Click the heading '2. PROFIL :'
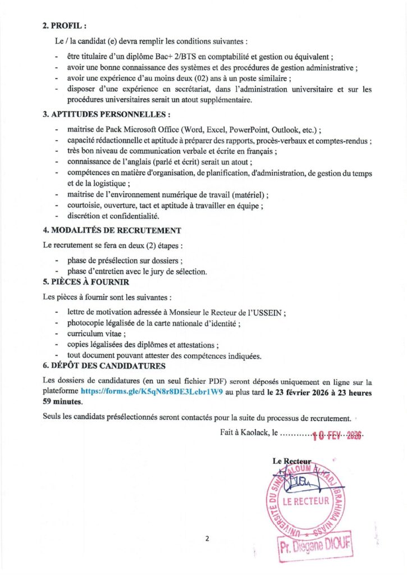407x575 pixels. point(65,25)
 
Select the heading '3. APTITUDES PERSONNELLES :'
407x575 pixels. point(107,115)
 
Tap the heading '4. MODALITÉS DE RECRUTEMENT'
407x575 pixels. point(112,230)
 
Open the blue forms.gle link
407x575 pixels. point(152,393)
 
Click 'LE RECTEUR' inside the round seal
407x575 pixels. point(305,501)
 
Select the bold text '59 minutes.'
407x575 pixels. point(62,402)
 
